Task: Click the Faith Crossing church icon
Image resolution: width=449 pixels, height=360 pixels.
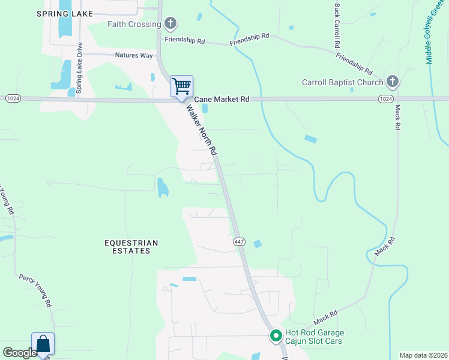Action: click(x=170, y=25)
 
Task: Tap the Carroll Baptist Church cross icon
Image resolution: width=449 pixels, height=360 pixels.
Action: click(x=393, y=82)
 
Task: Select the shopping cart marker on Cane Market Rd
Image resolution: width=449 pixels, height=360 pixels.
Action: click(x=181, y=86)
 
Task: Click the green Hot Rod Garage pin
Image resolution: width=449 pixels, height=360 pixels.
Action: click(x=276, y=336)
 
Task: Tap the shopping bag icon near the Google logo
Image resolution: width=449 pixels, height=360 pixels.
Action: click(x=43, y=344)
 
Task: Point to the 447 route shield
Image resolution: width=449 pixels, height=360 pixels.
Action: click(x=238, y=241)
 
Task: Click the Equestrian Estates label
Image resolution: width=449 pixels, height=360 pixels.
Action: click(x=131, y=247)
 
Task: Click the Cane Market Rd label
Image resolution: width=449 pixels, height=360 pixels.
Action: click(x=220, y=98)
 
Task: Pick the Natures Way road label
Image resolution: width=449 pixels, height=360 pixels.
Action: click(x=134, y=55)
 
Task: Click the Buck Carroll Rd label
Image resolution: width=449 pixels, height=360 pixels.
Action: click(x=337, y=26)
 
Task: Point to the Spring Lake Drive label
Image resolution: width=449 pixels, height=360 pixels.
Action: click(x=79, y=69)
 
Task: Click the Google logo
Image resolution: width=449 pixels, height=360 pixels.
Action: click(x=19, y=353)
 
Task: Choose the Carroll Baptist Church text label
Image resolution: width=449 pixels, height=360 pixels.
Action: click(x=342, y=82)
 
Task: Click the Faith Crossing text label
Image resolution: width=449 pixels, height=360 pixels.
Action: click(x=134, y=25)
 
